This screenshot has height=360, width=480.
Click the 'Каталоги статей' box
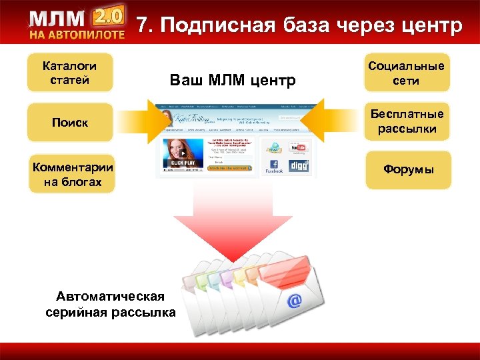(69, 73)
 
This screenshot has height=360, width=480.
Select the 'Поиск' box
(69, 123)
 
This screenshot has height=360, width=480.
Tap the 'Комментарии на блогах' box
(72, 174)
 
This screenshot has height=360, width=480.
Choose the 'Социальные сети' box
(407, 73)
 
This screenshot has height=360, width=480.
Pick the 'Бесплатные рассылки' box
(407, 121)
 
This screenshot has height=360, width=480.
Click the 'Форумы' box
(408, 170)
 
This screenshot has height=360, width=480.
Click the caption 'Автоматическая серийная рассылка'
(111, 304)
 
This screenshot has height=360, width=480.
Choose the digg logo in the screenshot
(299, 165)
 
